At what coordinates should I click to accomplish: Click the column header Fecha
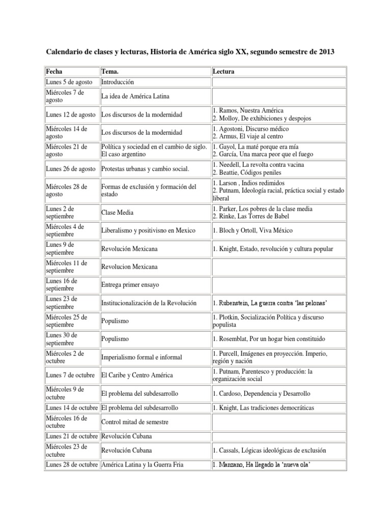pos(53,72)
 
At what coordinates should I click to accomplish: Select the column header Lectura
pos(224,72)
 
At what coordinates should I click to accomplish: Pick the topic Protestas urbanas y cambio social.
pos(146,169)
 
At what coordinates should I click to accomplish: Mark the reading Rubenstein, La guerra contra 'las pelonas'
pos(269,303)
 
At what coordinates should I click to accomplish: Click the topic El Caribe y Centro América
pos(137,375)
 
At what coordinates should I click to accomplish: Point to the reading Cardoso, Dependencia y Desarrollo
pos(262,393)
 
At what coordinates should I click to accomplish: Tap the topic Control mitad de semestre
pos(134,422)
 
